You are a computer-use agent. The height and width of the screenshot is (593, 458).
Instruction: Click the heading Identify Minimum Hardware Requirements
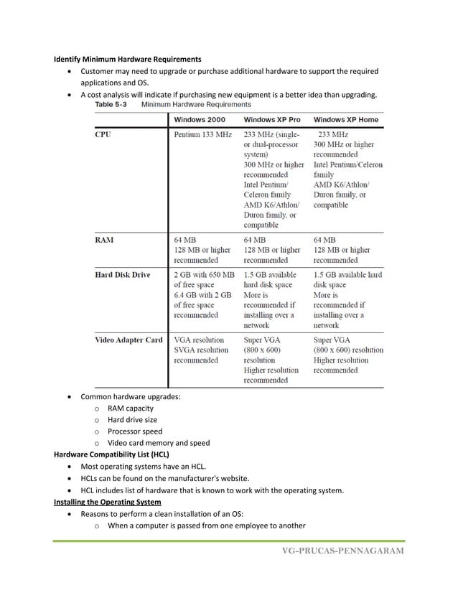click(x=128, y=58)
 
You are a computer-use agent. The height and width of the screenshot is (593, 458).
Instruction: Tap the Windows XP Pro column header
click(x=272, y=119)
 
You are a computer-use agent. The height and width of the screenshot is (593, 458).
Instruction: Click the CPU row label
click(x=103, y=135)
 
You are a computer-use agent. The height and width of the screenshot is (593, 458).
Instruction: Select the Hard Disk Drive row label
click(x=123, y=275)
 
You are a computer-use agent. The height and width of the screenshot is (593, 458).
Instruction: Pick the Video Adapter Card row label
click(x=129, y=340)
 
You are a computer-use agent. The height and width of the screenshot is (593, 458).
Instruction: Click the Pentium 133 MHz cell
click(x=203, y=135)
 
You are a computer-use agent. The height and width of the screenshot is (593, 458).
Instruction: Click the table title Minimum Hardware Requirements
click(x=191, y=104)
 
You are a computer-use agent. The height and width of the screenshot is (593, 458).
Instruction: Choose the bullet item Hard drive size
click(x=132, y=420)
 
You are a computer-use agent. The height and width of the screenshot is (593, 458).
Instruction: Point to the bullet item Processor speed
click(x=135, y=431)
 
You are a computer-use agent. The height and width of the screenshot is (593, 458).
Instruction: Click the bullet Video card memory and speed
click(x=159, y=443)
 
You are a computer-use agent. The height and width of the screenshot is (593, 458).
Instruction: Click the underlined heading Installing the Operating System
click(x=108, y=502)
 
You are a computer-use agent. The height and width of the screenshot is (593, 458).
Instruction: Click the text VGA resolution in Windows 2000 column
click(x=199, y=340)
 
